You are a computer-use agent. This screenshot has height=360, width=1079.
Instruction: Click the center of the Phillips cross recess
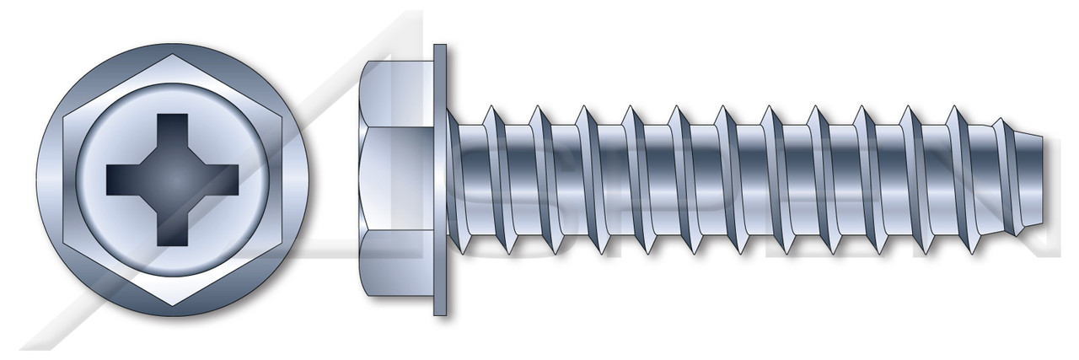tap(173, 180)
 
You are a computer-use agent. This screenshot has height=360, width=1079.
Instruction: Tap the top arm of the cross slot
tap(173, 131)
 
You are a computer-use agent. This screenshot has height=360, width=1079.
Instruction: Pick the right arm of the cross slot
tap(222, 180)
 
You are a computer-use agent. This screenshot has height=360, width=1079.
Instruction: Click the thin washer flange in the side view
tap(439, 180)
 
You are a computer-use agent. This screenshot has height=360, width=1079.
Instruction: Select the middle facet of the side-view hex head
tap(396, 180)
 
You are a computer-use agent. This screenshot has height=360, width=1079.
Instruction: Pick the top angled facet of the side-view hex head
tap(396, 93)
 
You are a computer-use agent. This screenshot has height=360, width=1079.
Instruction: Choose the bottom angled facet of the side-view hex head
tap(396, 266)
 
